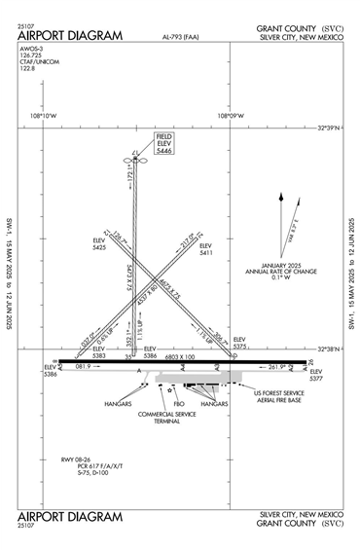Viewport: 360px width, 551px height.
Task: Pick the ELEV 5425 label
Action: tap(99, 243)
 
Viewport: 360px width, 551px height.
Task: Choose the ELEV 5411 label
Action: tap(205, 249)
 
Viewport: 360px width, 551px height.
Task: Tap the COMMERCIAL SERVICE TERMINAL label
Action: tap(166, 417)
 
